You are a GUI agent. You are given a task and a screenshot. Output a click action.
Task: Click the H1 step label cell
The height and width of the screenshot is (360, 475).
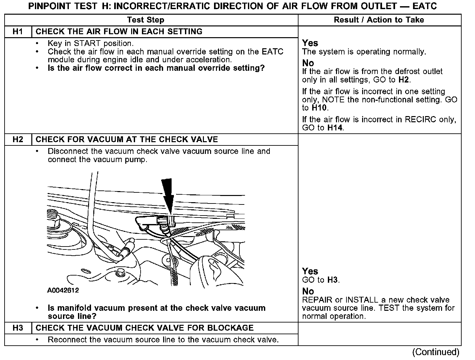[x=18, y=32]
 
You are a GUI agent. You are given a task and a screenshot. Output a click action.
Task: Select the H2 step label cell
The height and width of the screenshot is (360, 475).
[x=18, y=140]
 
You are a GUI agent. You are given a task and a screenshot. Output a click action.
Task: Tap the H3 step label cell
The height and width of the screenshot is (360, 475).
[x=18, y=328]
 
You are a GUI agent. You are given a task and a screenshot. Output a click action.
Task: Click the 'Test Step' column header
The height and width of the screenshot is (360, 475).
[x=146, y=20]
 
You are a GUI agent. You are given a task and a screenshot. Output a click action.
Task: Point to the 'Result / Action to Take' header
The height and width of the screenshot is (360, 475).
[x=379, y=20]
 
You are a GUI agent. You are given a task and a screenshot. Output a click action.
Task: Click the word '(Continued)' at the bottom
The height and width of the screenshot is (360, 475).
[x=436, y=352]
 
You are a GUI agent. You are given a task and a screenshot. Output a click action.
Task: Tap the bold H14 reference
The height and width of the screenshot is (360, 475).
[x=335, y=128]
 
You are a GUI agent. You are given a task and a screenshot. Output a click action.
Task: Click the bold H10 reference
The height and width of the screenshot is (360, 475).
[x=320, y=108]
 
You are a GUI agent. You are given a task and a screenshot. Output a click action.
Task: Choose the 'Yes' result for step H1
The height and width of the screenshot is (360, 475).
[x=310, y=43]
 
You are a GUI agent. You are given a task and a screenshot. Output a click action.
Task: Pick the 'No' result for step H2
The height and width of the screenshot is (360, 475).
[x=308, y=291]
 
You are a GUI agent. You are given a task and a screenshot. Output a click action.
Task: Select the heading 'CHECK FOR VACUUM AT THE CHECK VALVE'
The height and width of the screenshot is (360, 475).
[x=127, y=140]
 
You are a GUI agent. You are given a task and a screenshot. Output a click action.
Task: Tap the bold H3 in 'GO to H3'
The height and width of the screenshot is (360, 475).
[x=332, y=280]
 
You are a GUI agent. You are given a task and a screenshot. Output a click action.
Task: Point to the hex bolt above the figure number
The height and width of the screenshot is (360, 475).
[x=121, y=272]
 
